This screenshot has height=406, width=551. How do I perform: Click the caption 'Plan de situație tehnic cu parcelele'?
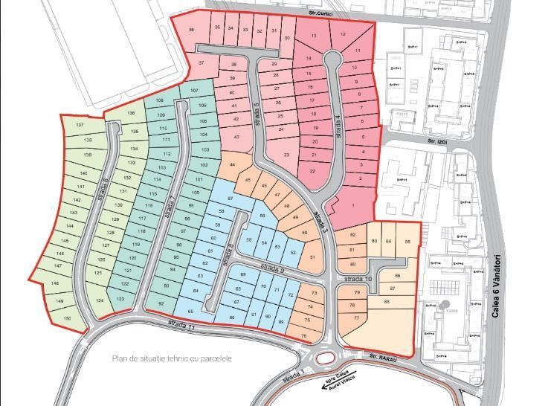(173, 358)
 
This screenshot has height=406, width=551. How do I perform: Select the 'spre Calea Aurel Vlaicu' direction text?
(339, 377)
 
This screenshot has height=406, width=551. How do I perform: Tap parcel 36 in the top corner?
(192, 30)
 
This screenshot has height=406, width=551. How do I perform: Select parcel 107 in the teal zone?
(194, 91)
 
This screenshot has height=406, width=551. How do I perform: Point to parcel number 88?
(387, 301)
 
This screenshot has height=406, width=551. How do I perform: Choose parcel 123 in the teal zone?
(120, 298)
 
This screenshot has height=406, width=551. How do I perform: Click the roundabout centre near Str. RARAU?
(324, 359)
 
